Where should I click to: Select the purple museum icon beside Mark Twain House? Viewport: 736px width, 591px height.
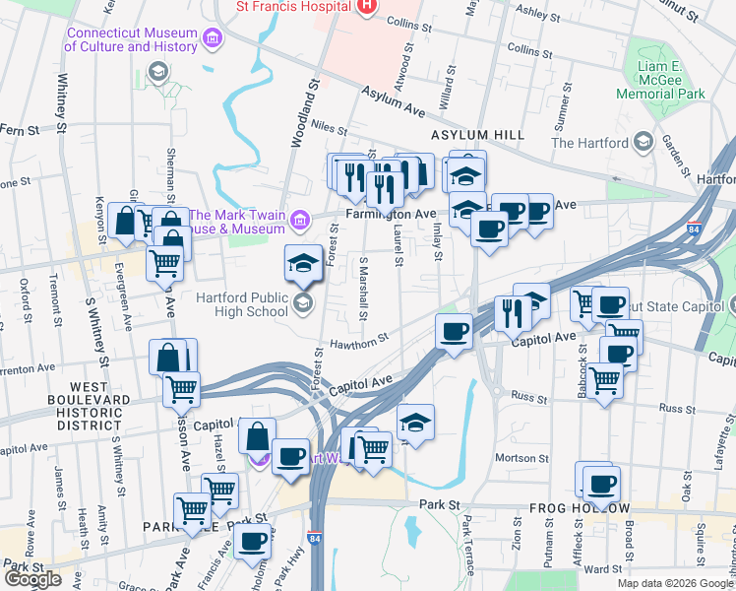pyautogui.click(x=302, y=217)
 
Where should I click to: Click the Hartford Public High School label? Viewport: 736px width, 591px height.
pyautogui.click(x=227, y=305)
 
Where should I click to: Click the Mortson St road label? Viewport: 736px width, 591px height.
pyautogui.click(x=521, y=458)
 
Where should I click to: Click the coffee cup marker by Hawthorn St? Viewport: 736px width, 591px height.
pyautogui.click(x=454, y=330)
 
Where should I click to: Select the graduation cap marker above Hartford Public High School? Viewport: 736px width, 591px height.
pyautogui.click(x=303, y=262)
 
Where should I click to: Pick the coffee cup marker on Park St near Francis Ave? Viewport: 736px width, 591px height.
pyautogui.click(x=253, y=541)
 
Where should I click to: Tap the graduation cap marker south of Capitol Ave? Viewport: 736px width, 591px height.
pyautogui.click(x=416, y=422)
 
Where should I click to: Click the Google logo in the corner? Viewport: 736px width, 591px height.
pyautogui.click(x=32, y=579)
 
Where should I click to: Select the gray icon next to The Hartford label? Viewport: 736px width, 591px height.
pyautogui.click(x=643, y=142)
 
